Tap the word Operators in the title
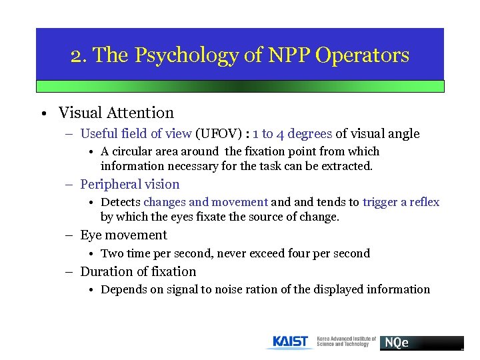363,55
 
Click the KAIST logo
291,342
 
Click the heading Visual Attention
116,113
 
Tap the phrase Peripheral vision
130,184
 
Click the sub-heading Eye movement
123,235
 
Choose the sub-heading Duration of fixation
138,271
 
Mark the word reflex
423,202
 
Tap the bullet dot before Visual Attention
42,113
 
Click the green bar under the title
240,86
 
